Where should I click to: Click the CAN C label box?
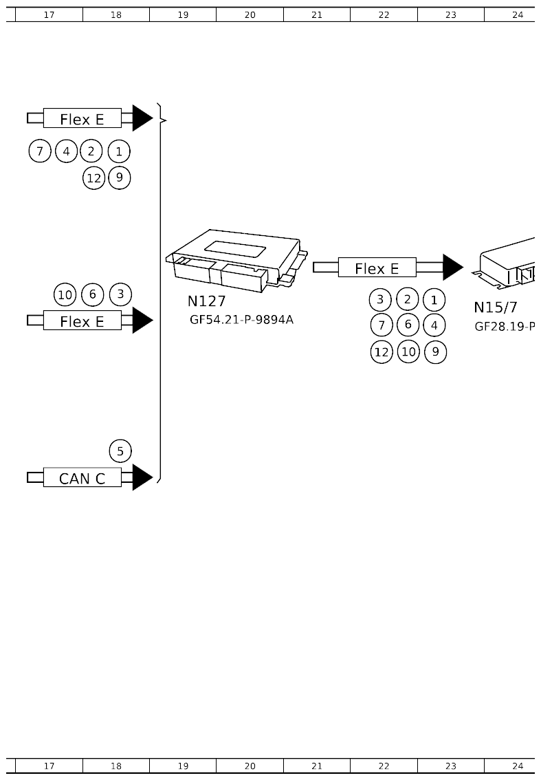(x=82, y=477)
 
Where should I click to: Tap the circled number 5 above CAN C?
(x=120, y=451)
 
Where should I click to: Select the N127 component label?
(x=206, y=301)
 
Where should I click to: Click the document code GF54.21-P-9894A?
(x=241, y=319)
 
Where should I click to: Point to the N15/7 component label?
(x=495, y=307)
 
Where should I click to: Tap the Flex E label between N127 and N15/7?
(x=377, y=268)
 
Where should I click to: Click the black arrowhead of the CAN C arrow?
(x=142, y=477)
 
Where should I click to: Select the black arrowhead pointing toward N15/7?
(x=452, y=268)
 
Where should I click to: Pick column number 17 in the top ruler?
(x=49, y=14)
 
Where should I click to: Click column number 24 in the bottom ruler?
(x=518, y=766)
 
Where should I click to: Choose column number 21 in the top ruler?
(x=316, y=14)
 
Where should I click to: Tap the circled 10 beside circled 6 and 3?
(x=65, y=295)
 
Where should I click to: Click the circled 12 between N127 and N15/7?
(x=382, y=352)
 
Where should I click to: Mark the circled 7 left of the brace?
(x=40, y=151)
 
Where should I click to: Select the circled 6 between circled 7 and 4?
(x=408, y=325)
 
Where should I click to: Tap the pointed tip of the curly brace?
(x=166, y=120)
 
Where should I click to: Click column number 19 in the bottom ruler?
(x=183, y=766)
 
